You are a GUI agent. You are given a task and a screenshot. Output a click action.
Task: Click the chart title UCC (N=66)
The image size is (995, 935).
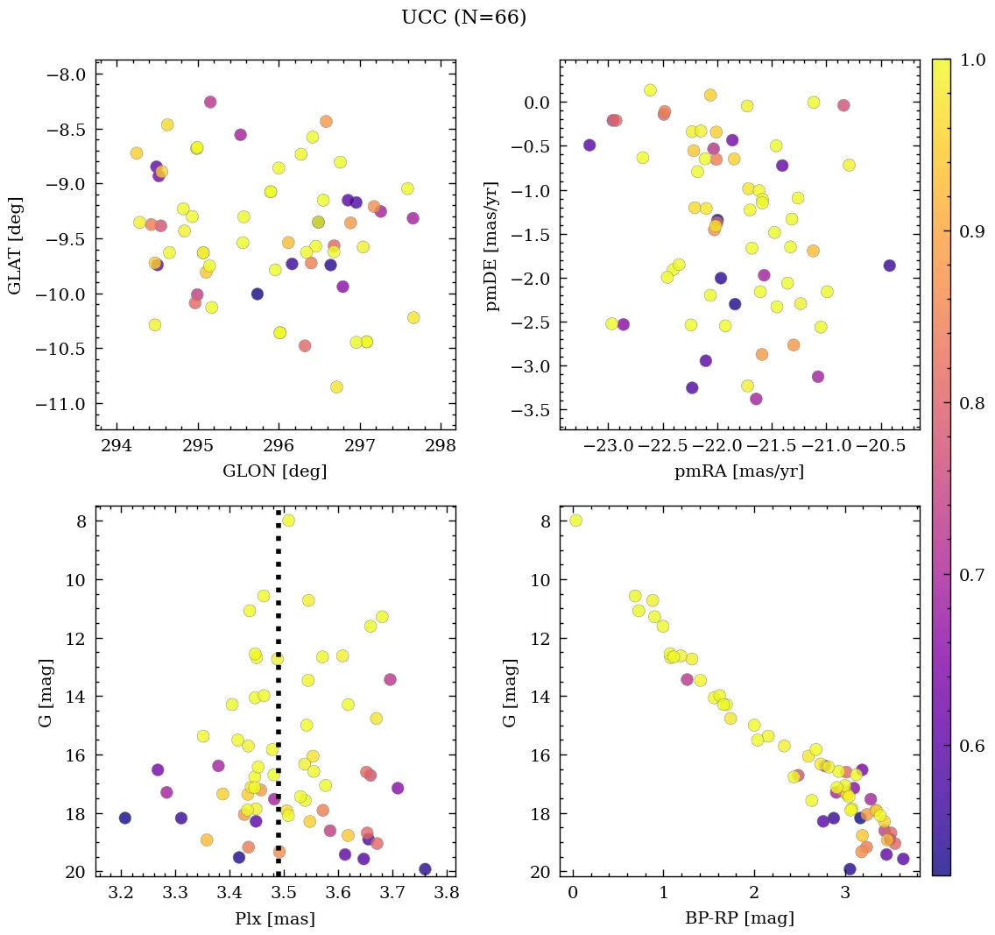(x=463, y=18)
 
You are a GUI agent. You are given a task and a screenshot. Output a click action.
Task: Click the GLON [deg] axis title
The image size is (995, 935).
(x=274, y=471)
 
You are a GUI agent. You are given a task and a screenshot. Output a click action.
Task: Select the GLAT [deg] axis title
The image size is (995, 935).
(x=15, y=245)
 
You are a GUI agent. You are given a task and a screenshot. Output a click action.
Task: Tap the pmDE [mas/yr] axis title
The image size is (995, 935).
(x=492, y=245)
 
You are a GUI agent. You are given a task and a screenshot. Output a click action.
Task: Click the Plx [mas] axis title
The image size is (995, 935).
(x=275, y=919)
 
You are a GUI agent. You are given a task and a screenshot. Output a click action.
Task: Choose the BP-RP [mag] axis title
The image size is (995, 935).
(x=739, y=919)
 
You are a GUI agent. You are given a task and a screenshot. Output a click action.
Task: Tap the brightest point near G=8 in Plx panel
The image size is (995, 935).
(x=288, y=521)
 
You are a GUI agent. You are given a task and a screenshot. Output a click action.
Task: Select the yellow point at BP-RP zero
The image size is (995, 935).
(x=575, y=521)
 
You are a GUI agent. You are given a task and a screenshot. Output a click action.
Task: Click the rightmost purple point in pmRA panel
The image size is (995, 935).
(x=889, y=266)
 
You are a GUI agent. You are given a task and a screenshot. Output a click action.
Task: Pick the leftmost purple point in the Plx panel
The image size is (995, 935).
(x=124, y=818)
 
